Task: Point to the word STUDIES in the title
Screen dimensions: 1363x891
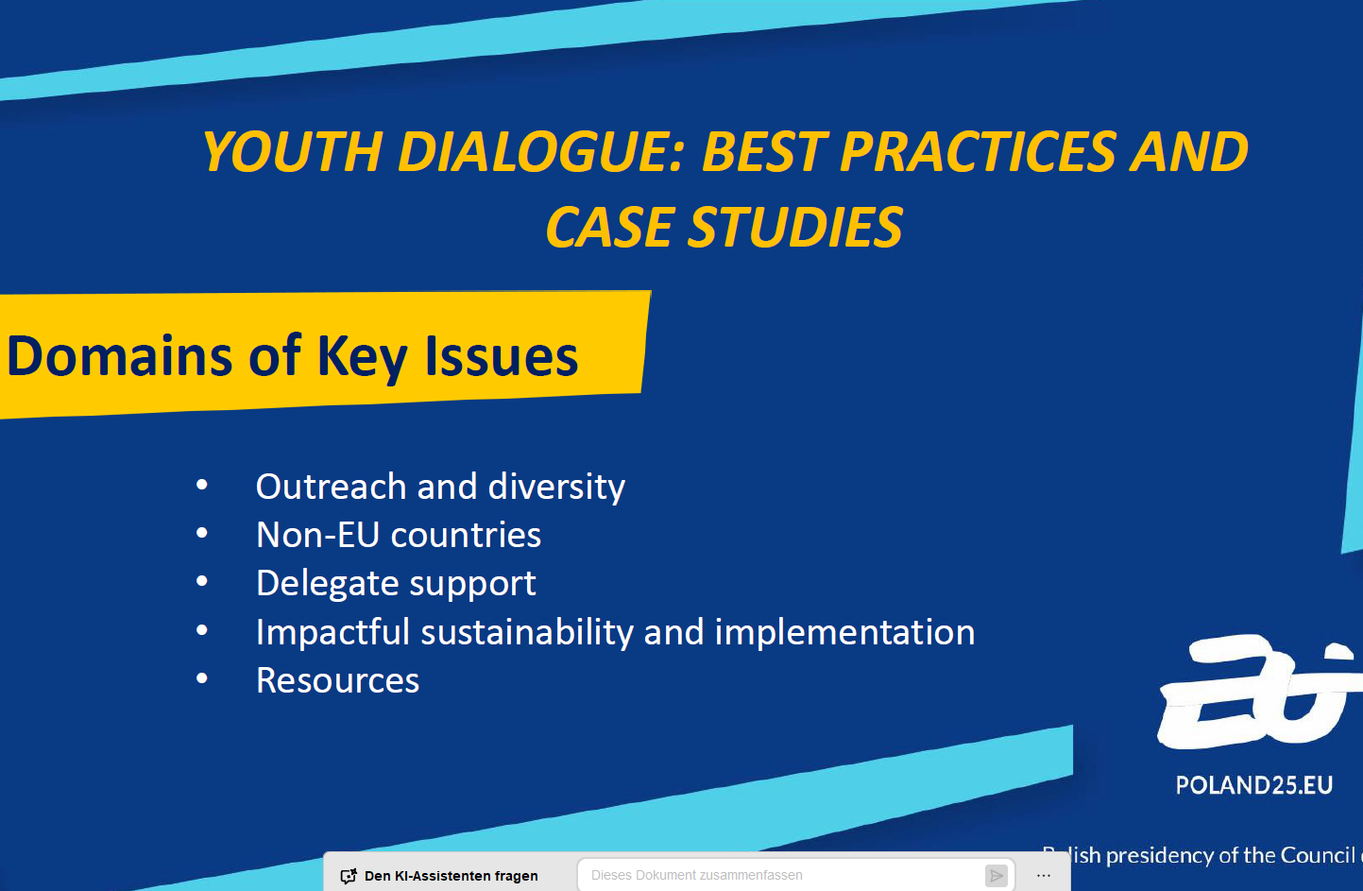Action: click(x=795, y=227)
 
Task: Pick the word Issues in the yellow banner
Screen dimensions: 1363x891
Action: click(x=502, y=356)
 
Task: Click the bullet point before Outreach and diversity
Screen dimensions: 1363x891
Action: click(x=202, y=485)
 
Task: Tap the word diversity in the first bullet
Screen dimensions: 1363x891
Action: click(x=556, y=487)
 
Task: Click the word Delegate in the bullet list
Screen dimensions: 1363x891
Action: click(x=328, y=584)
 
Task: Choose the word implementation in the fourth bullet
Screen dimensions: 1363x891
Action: click(x=844, y=632)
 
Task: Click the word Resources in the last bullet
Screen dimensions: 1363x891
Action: click(x=338, y=680)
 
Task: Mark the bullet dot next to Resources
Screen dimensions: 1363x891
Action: click(x=202, y=678)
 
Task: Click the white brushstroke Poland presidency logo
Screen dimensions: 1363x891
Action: click(x=1259, y=693)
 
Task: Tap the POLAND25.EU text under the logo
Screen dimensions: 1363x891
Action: click(x=1254, y=785)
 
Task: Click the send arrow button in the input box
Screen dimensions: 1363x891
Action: click(x=997, y=876)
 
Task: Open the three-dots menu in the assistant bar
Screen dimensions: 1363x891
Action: click(x=1044, y=876)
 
